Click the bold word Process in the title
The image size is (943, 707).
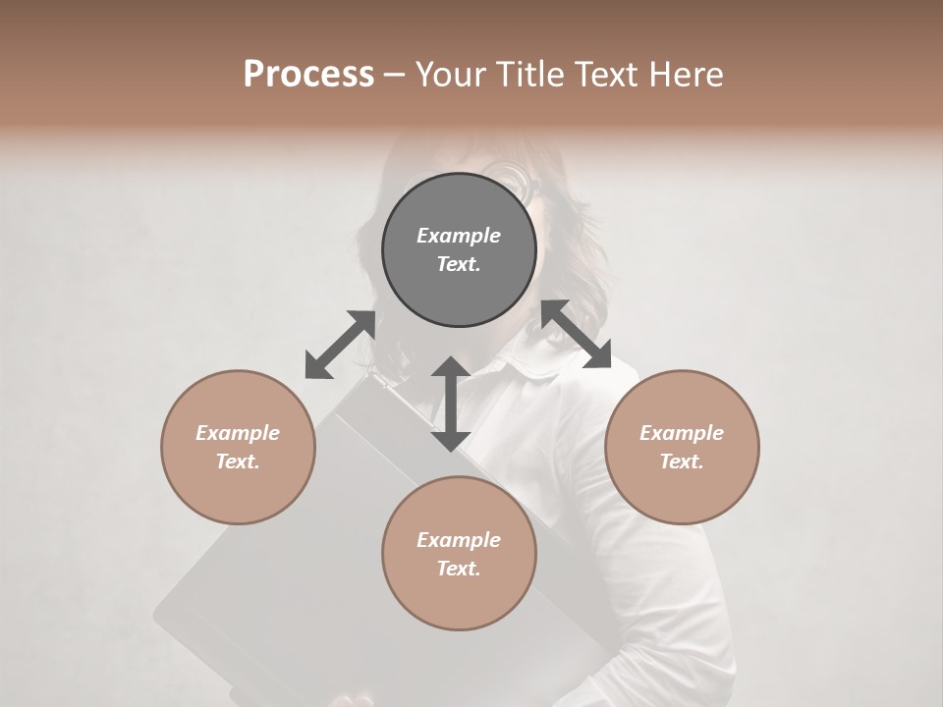pyautogui.click(x=308, y=75)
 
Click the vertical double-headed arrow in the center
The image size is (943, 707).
pyautogui.click(x=451, y=404)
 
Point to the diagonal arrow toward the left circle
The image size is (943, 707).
pyautogui.click(x=340, y=345)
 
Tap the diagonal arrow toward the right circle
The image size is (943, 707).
pyautogui.click(x=577, y=334)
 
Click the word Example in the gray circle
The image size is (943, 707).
pyautogui.click(x=459, y=236)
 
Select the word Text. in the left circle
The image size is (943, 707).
pyautogui.click(x=238, y=462)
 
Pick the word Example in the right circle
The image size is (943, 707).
pyautogui.click(x=682, y=433)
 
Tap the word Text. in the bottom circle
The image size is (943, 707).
pyautogui.click(x=459, y=569)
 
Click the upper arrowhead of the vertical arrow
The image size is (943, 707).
pyautogui.click(x=451, y=368)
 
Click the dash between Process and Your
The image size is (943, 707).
pyautogui.click(x=394, y=75)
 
